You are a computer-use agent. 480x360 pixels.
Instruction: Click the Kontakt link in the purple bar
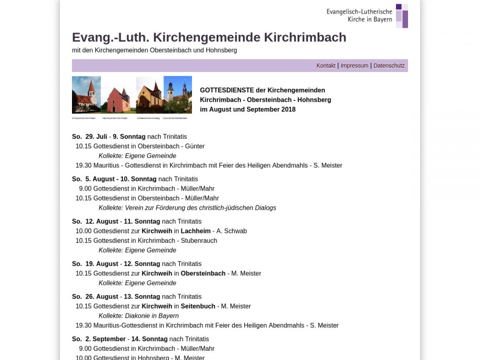[x=326, y=66]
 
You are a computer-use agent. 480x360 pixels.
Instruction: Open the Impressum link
[x=354, y=66]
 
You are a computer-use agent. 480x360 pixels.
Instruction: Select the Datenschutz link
[x=389, y=66]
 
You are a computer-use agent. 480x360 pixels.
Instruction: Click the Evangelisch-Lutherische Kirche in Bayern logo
[x=367, y=16]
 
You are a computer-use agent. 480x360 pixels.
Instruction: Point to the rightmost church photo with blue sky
[x=178, y=95]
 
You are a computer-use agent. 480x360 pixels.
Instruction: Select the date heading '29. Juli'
[x=96, y=137]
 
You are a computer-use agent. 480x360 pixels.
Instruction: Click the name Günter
[x=195, y=146]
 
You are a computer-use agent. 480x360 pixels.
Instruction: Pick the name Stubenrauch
[x=199, y=241]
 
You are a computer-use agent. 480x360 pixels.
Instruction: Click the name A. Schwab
[x=231, y=231]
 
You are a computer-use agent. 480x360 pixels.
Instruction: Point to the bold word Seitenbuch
[x=198, y=306]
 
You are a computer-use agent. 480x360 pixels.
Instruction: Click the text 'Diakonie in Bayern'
[x=152, y=316]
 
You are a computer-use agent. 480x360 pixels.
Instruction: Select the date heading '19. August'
[x=102, y=264]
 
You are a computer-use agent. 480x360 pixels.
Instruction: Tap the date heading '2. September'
[x=106, y=339]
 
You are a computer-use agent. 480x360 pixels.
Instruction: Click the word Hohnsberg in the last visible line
[x=154, y=358]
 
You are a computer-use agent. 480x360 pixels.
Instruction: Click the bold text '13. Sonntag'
[x=142, y=297]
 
